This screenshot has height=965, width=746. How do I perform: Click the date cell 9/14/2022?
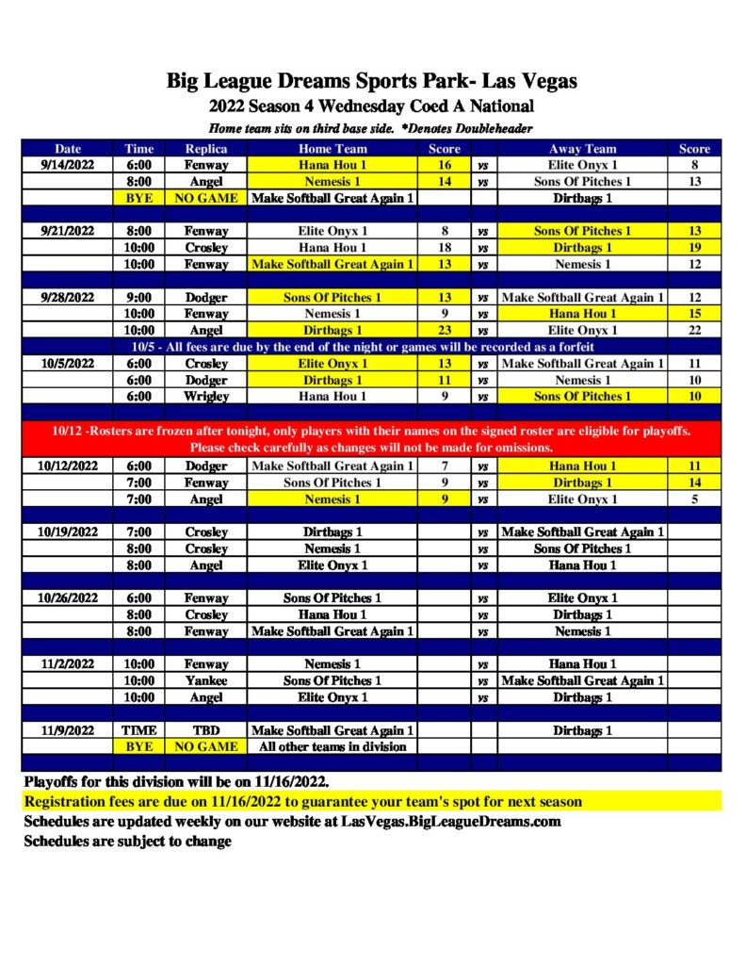[68, 164]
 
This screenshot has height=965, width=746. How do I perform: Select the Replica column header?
[206, 148]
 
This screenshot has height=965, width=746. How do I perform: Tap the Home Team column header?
[332, 148]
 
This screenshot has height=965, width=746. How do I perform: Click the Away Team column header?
[582, 148]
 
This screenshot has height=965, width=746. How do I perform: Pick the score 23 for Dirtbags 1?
[445, 330]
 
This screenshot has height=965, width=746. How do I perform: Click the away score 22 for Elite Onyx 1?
[694, 330]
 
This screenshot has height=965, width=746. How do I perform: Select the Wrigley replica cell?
[206, 396]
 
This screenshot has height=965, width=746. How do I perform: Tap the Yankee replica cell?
[206, 680]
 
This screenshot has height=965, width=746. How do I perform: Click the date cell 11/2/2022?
[68, 663]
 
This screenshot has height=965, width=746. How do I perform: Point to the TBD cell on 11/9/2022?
[206, 730]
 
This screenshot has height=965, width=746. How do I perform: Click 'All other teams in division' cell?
[332, 746]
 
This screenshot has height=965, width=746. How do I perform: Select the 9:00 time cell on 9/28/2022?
[139, 297]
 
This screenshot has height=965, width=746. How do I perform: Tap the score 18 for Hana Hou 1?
[445, 247]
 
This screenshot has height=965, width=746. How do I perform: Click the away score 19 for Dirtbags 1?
[694, 247]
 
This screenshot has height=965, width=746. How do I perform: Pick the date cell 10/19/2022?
[68, 532]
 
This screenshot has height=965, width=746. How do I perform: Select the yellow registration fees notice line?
[302, 802]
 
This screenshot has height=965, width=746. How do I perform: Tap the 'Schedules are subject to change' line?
[127, 841]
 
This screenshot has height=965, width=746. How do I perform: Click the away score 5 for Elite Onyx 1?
[694, 499]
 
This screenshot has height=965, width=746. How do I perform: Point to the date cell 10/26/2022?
[68, 597]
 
